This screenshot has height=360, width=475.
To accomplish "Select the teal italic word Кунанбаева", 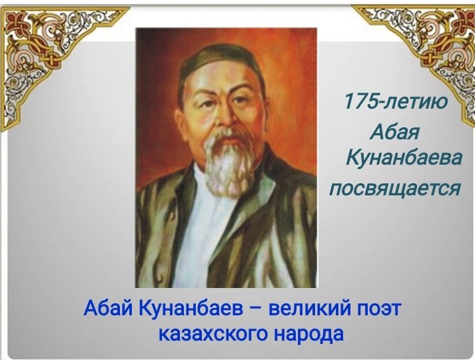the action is coord(404,157).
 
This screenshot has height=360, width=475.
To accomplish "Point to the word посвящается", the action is coord(394,187).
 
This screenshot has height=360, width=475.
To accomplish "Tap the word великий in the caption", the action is coord(310,307).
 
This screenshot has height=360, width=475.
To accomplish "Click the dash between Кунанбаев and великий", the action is coord(256,309).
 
